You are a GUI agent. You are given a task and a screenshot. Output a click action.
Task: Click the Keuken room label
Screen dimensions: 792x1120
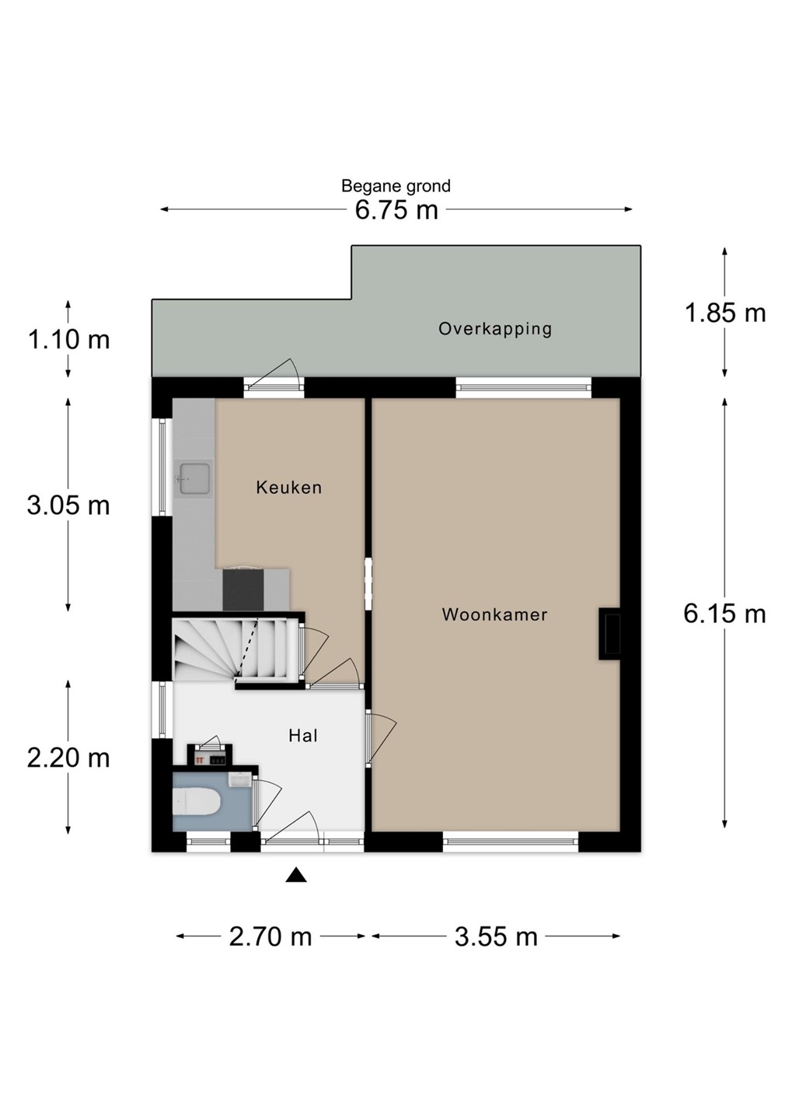click(289, 487)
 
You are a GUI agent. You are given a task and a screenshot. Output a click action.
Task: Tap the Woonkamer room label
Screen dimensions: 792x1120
click(494, 614)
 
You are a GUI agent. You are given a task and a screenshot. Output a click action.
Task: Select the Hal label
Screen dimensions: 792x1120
click(303, 736)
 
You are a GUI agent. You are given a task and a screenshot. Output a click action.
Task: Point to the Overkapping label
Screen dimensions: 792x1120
click(495, 329)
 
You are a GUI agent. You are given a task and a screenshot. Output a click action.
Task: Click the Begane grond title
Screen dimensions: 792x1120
click(396, 186)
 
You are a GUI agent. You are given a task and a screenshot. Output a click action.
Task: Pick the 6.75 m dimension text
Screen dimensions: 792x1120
click(396, 210)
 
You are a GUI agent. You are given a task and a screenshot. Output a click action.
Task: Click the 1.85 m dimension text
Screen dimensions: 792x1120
click(724, 313)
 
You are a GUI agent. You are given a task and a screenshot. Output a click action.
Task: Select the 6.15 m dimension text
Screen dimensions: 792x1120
click(724, 614)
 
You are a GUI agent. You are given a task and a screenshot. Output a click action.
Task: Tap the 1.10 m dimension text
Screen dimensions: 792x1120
click(68, 340)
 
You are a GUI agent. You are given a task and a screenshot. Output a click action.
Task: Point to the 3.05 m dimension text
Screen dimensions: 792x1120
click(68, 506)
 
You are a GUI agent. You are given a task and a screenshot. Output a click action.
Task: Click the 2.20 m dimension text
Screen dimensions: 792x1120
click(68, 758)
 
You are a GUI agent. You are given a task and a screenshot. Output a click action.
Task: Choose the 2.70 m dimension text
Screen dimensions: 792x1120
click(270, 936)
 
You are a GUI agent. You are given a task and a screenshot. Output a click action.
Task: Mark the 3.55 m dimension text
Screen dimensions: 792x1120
click(496, 936)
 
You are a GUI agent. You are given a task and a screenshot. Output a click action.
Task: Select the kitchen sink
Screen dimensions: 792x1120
click(194, 478)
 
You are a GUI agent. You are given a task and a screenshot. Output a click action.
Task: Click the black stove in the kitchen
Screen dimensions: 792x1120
click(243, 590)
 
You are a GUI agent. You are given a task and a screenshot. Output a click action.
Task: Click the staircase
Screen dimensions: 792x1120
click(235, 649)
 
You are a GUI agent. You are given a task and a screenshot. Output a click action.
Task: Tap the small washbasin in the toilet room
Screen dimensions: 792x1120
click(240, 779)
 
